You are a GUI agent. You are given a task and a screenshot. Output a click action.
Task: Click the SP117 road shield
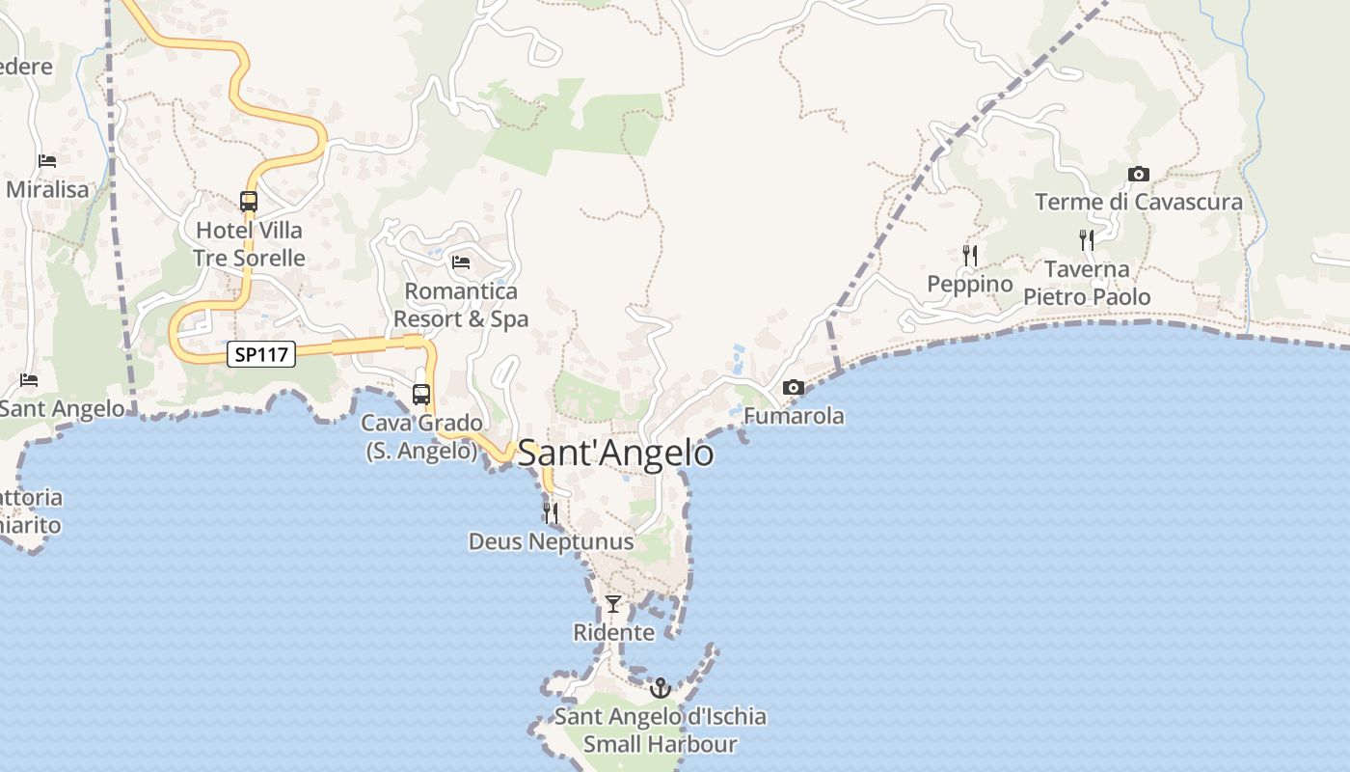point(261,354)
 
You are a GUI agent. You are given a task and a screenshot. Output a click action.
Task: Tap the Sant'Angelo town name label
point(616,454)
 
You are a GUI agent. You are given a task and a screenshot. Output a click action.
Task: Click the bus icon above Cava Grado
point(421,394)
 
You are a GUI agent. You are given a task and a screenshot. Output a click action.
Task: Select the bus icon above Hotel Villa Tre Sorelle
point(249,202)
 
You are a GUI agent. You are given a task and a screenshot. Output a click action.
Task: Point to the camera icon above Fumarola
point(794,387)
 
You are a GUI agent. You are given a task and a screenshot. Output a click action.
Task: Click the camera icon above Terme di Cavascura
point(1139,174)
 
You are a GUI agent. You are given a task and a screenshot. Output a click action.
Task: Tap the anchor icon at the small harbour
point(661,687)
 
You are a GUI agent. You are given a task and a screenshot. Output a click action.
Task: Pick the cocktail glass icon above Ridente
point(613,604)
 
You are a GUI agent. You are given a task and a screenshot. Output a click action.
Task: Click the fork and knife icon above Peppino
point(970,255)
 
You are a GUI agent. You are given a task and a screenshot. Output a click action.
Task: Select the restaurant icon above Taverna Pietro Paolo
point(1087,239)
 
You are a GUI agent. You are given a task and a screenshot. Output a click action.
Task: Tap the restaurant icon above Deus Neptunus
point(551,512)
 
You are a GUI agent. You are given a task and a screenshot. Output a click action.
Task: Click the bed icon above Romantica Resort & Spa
point(461,262)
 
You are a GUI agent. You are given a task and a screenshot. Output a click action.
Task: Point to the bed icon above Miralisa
point(47,160)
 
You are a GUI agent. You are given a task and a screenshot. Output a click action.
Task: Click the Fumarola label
point(794,416)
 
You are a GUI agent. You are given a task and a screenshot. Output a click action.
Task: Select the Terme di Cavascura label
point(1139,202)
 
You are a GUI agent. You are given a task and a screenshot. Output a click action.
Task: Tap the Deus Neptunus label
point(551,541)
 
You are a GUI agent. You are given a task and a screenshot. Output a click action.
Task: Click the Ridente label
point(613,633)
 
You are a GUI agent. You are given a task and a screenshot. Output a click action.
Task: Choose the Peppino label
point(970,284)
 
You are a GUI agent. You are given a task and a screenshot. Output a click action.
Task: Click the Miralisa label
point(47,189)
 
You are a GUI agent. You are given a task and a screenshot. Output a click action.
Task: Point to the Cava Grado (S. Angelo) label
point(421,436)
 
